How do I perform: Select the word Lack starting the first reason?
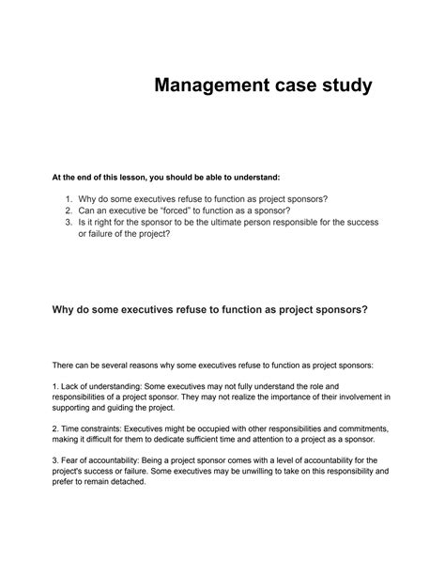[72, 385]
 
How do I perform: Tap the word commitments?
[369, 428]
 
